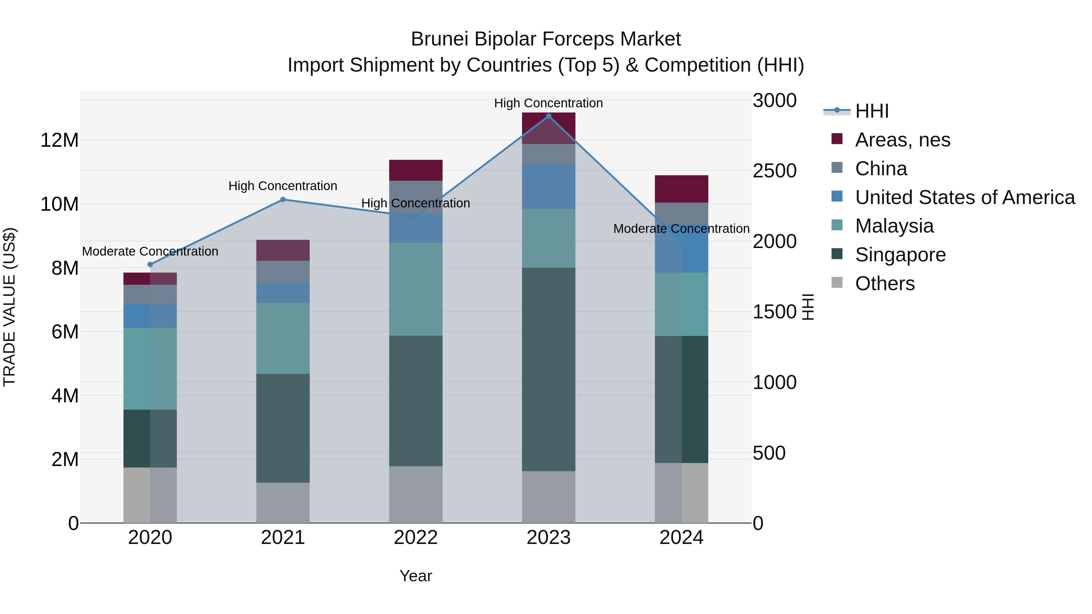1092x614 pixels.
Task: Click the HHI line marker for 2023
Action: (x=548, y=116)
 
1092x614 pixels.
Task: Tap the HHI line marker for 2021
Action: (x=283, y=200)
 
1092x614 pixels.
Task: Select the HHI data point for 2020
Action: (x=150, y=264)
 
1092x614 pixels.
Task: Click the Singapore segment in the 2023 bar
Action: (x=548, y=369)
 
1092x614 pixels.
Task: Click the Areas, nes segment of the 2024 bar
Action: (x=681, y=189)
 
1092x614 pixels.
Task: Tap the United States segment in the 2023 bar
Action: (x=548, y=186)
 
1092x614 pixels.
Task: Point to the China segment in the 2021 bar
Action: (x=283, y=272)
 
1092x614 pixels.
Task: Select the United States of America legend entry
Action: (x=964, y=197)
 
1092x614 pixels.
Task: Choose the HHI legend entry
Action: (x=871, y=111)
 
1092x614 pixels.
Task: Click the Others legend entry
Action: (x=885, y=284)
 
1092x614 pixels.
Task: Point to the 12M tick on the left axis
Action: (x=59, y=140)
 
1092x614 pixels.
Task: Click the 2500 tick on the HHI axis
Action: (x=774, y=171)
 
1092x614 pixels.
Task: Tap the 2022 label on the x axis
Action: (x=416, y=538)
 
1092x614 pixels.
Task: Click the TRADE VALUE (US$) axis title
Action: (x=9, y=307)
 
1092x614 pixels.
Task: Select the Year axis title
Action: (x=416, y=576)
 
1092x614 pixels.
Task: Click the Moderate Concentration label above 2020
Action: (x=150, y=251)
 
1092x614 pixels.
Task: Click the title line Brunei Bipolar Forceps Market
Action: (x=546, y=39)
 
